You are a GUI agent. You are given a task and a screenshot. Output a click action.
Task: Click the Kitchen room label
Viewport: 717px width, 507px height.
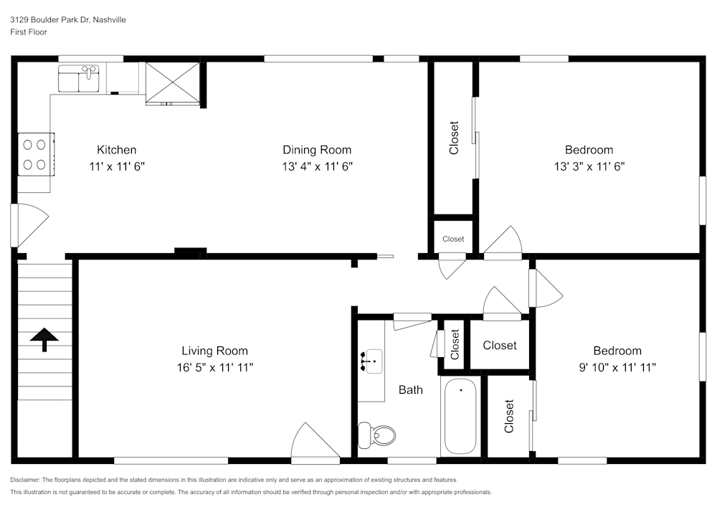116,150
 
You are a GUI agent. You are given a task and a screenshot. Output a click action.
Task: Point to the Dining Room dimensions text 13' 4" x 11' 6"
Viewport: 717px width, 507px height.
317,166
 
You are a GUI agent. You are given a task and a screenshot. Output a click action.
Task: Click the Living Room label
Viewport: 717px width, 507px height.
214,351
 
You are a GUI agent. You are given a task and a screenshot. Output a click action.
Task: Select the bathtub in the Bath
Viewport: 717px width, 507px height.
460,416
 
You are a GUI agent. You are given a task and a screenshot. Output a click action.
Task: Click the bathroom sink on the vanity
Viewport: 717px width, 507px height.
374,360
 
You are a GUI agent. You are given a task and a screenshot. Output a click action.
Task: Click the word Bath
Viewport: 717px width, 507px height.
411,390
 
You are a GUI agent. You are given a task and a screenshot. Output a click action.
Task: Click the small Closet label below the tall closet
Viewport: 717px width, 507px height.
453,239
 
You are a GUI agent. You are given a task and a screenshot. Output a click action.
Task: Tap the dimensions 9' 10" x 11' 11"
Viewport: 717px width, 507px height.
617,366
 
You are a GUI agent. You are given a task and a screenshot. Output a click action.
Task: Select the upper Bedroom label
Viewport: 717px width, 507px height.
589,150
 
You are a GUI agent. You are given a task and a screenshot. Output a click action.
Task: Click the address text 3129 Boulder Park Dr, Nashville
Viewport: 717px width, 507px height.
68,20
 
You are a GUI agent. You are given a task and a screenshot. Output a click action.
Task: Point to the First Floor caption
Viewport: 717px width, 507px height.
29,32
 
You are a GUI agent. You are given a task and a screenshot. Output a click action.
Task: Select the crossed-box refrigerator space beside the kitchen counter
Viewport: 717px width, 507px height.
172,82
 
